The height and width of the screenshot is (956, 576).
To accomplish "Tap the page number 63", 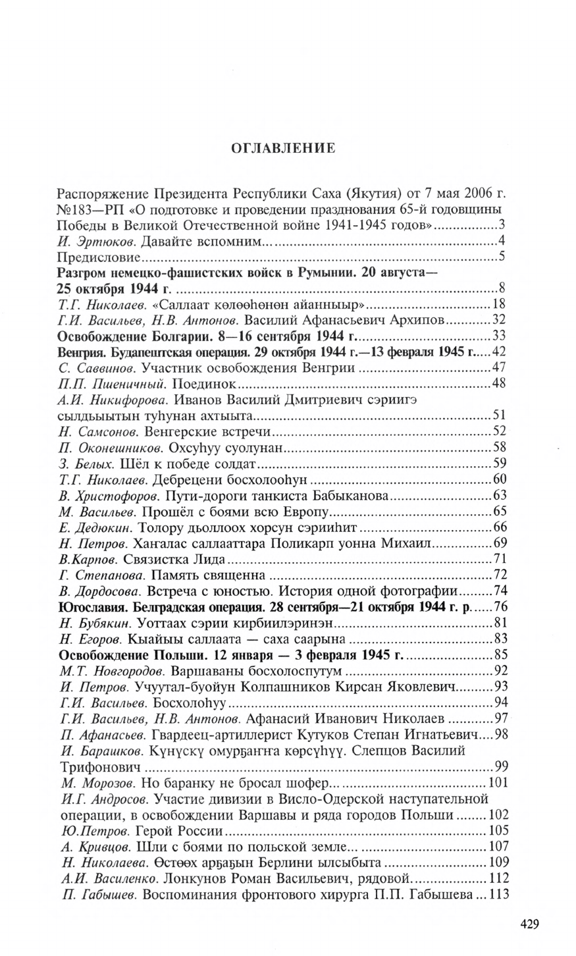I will click(498, 494).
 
